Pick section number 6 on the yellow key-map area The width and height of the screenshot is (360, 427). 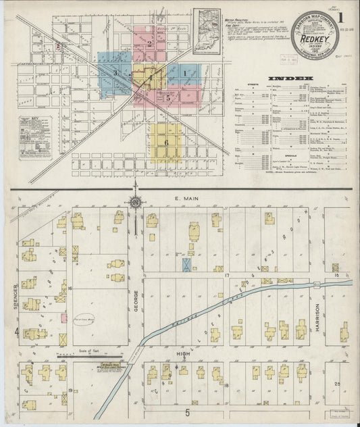point(165,143)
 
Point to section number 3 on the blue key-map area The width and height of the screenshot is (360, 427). point(115,72)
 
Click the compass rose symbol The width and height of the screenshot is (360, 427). point(135,201)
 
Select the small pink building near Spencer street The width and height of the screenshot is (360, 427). point(63,318)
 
